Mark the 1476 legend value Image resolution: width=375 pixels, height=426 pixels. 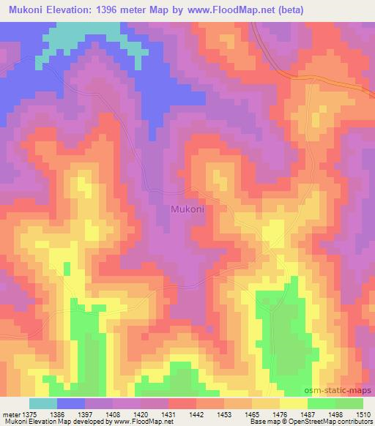[x=279, y=414]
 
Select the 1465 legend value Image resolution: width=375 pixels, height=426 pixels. [x=252, y=414]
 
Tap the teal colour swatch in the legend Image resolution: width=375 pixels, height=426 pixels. [x=43, y=403]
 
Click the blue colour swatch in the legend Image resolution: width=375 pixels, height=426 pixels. [x=71, y=403]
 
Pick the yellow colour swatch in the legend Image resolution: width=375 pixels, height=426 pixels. [x=294, y=403]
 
